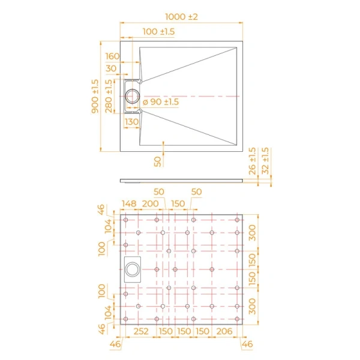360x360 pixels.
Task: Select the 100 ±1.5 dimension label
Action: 159,31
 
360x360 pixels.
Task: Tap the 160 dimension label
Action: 112,56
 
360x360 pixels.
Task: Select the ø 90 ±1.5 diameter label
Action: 161,102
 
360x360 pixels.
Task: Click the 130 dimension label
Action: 131,122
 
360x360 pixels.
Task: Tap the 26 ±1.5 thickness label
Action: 252,160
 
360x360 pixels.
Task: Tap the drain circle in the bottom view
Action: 132,270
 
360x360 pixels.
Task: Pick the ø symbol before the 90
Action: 145,102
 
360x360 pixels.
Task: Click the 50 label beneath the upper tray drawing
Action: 157,161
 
